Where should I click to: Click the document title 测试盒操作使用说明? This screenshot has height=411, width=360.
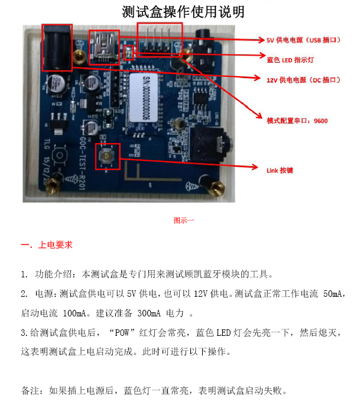tap(183, 11)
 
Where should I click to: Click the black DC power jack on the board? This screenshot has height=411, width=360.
tap(57, 46)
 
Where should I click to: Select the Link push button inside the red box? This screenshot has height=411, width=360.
tap(107, 157)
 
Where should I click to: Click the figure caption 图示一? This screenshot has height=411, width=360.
tap(183, 220)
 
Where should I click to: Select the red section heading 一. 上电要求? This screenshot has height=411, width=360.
tap(47, 244)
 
